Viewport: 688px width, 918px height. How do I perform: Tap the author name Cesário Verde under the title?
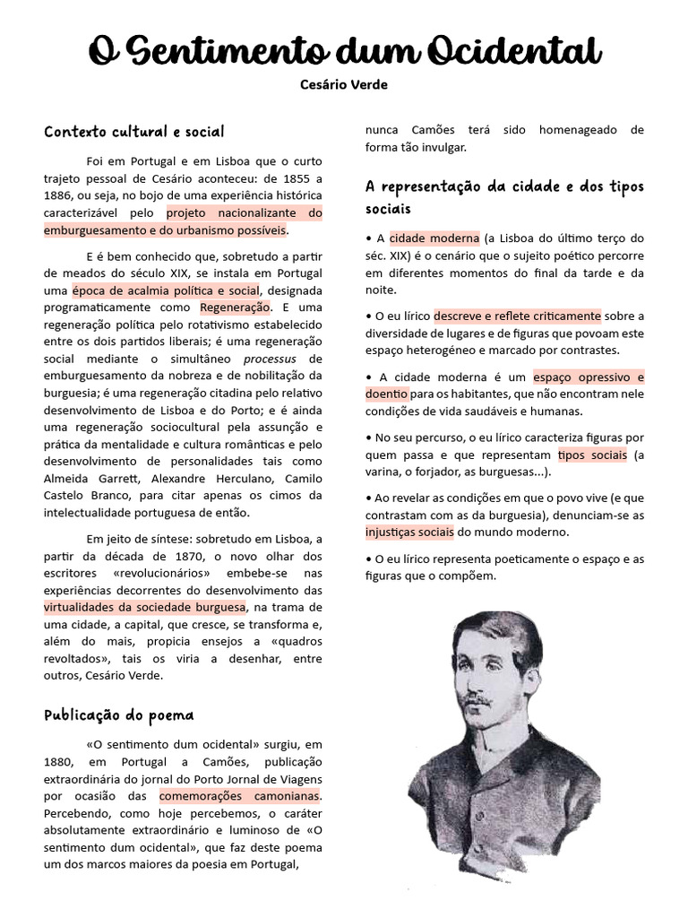point(344,84)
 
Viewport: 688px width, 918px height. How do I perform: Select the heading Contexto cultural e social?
point(134,132)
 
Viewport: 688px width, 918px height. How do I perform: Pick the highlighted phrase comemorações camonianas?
point(239,795)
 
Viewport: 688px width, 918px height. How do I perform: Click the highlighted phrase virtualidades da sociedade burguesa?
point(145,607)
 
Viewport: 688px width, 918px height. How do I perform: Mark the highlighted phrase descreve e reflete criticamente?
point(518,316)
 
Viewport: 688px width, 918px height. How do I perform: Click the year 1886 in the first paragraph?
point(59,196)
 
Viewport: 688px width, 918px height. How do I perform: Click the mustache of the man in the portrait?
point(478,698)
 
